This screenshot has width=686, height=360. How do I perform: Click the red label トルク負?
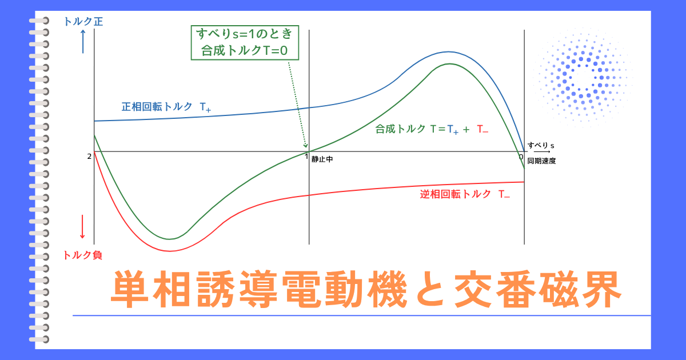pyautogui.click(x=83, y=255)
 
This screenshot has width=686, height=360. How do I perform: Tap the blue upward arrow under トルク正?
pyautogui.click(x=83, y=42)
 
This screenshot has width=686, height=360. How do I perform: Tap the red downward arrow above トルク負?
pyautogui.click(x=83, y=227)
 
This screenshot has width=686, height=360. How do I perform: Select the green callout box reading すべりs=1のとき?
pyautogui.click(x=244, y=42)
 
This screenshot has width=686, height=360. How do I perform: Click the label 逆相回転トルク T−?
pyautogui.click(x=465, y=194)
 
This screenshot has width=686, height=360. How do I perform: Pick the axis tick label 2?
pyautogui.click(x=89, y=157)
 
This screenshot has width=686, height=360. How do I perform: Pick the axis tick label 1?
pyautogui.click(x=306, y=157)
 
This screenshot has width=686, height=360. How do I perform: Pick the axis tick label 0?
pyautogui.click(x=521, y=157)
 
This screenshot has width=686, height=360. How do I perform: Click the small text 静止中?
pyautogui.click(x=322, y=160)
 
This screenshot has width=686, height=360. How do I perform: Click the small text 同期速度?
pyautogui.click(x=541, y=161)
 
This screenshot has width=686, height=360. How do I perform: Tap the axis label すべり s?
pyautogui.click(x=541, y=146)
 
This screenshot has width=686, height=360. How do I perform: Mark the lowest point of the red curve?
pyautogui.click(x=170, y=251)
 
